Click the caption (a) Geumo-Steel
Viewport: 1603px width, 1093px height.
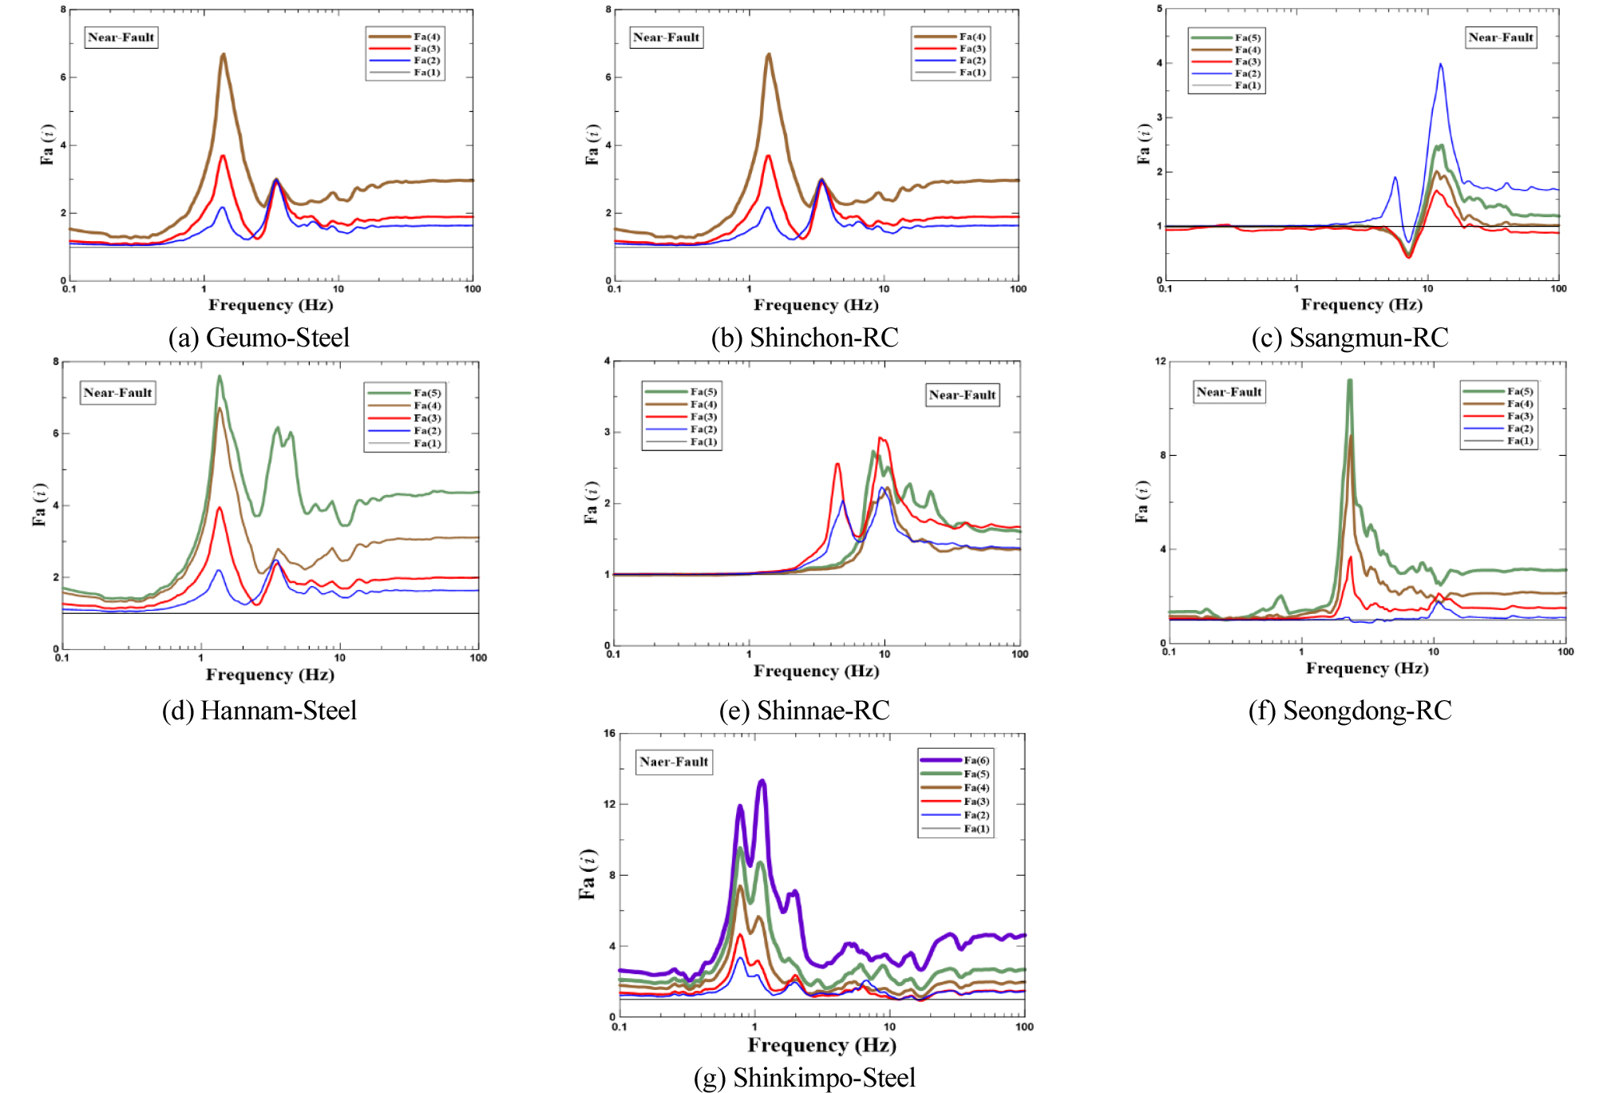[259, 338]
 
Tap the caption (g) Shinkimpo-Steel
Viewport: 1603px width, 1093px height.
[805, 1078]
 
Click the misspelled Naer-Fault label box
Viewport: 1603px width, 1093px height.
[674, 762]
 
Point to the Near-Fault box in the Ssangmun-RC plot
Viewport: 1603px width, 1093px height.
[1500, 38]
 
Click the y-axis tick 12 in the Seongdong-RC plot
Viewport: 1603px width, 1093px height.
[1160, 362]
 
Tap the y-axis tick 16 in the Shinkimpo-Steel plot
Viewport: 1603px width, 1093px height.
[610, 734]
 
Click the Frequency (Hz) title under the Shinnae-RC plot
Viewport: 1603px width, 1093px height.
[816, 671]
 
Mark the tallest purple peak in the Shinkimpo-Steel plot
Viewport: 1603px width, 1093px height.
[762, 781]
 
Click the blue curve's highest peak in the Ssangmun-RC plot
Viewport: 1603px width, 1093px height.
[1440, 65]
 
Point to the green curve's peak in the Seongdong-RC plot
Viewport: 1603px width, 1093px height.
[1350, 381]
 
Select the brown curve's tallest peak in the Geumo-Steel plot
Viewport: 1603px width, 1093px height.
[224, 54]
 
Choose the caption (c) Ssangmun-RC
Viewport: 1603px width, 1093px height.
[1350, 338]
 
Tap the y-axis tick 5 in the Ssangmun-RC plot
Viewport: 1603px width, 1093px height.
[1159, 9]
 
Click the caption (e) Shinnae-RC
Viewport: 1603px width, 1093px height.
[804, 710]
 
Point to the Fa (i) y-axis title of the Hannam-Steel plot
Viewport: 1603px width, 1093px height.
[38, 505]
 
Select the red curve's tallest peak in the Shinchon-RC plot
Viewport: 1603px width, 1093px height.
[769, 156]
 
